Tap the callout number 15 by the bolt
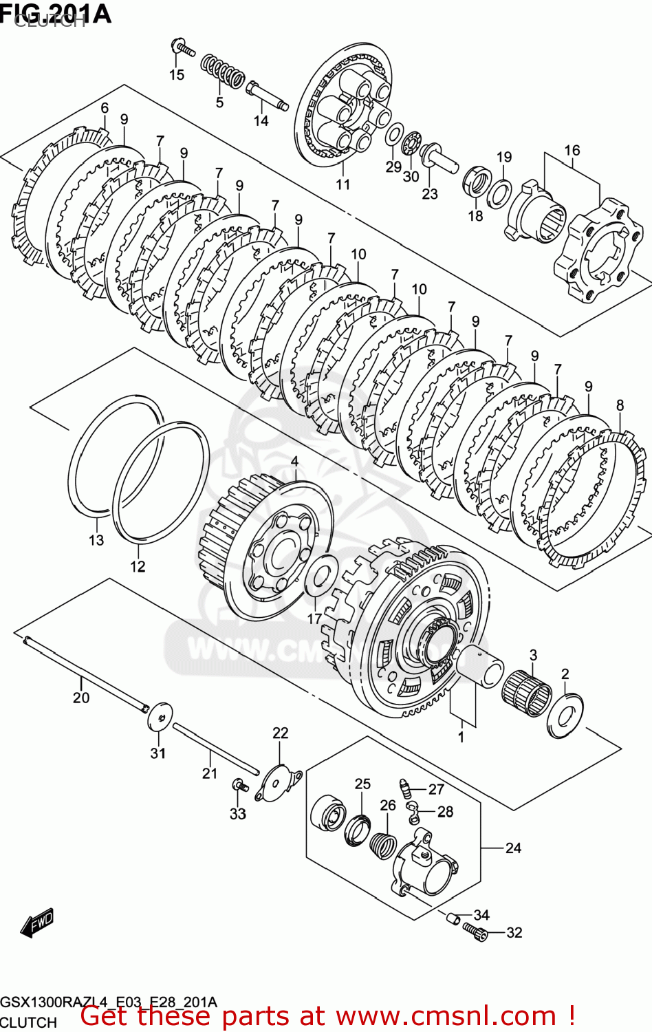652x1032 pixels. pyautogui.click(x=177, y=74)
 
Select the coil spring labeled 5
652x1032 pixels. pyautogui.click(x=222, y=72)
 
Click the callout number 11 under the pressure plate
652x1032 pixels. pyautogui.click(x=343, y=184)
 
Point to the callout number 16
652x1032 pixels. pyautogui.click(x=572, y=150)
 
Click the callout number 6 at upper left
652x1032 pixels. pyautogui.click(x=105, y=107)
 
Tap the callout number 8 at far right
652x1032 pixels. pyautogui.click(x=620, y=405)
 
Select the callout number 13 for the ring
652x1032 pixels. pyautogui.click(x=96, y=540)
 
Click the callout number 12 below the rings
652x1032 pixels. pyautogui.click(x=138, y=566)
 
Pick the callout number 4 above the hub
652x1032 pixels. pyautogui.click(x=294, y=461)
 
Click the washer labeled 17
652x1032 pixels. pyautogui.click(x=320, y=576)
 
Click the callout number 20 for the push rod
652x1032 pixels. pyautogui.click(x=81, y=698)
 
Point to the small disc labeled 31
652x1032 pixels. pyautogui.click(x=160, y=718)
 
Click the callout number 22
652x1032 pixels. pyautogui.click(x=281, y=733)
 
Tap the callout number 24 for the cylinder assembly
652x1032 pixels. pyautogui.click(x=513, y=848)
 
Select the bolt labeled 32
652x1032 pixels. pyautogui.click(x=475, y=931)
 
